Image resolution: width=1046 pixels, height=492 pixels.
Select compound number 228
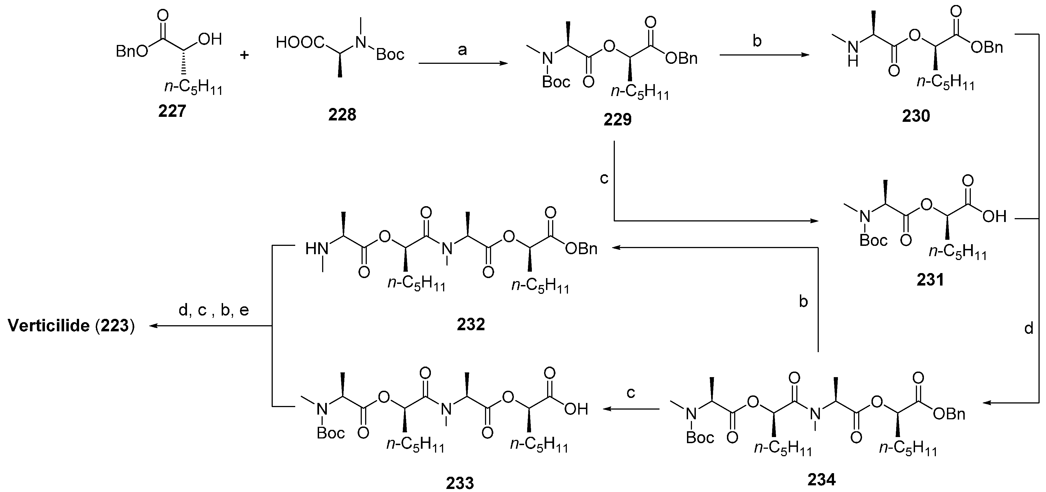pos(342,115)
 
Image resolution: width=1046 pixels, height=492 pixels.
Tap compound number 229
pos(617,119)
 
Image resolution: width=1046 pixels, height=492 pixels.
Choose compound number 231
pos(930,280)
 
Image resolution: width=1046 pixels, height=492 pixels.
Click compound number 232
pos(471,324)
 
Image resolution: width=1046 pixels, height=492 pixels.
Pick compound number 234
pos(822,480)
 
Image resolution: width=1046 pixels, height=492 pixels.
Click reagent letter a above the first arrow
pos(462,51)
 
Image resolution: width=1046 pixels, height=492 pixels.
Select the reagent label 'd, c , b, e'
pos(214,311)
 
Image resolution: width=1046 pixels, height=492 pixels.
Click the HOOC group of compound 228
pos(300,42)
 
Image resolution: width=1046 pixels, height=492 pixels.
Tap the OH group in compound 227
pos(210,39)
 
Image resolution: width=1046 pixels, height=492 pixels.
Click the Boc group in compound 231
pos(873,241)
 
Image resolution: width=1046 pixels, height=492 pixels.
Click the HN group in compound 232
pos(317,248)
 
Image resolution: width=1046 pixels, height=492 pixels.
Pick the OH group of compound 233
pos(576,409)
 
